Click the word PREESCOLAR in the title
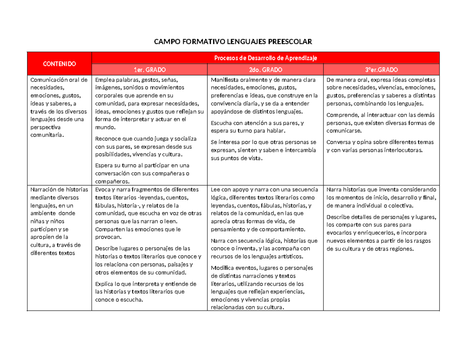coord(292,42)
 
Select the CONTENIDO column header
coord(59,64)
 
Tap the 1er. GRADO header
coord(150,70)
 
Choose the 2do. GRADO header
coord(266,70)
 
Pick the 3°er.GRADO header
coord(382,70)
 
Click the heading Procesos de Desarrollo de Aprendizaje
coord(266,58)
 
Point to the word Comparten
coord(110,229)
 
